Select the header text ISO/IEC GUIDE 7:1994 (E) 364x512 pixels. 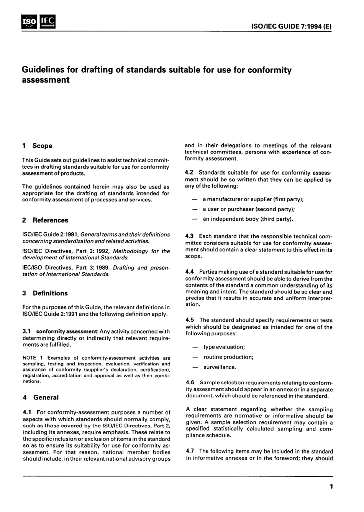pos(291,27)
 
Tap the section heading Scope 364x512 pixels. pos(42,146)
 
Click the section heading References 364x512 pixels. pos(50,220)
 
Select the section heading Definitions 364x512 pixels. pos(50,294)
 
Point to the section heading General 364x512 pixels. pos(46,398)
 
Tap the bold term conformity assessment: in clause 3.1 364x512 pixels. pos(62,332)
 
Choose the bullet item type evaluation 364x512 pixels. pos(224,347)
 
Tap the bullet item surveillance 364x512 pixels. pos(220,367)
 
